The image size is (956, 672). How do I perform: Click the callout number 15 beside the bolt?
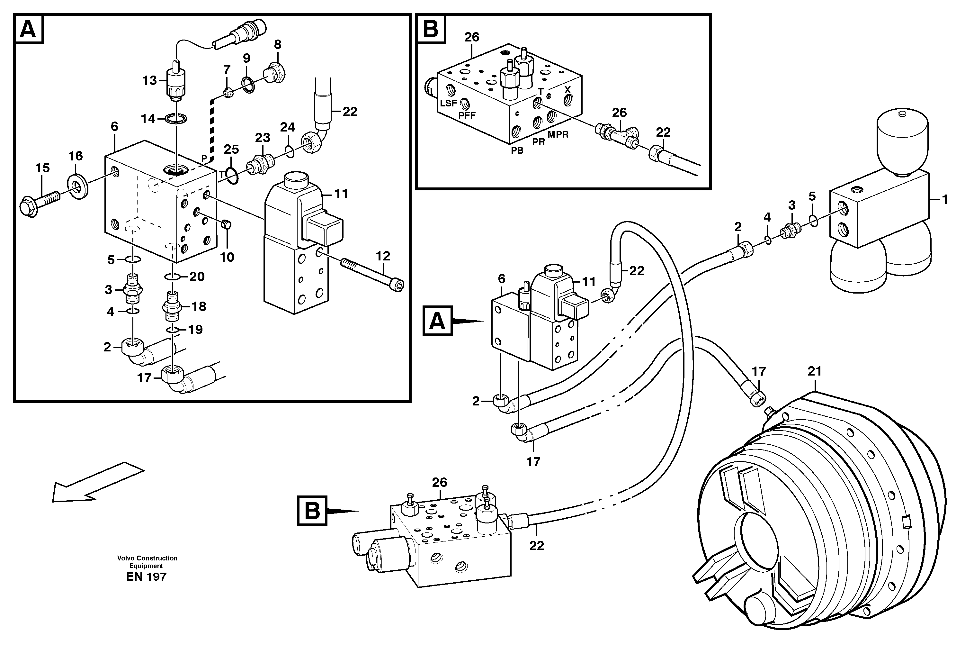42,168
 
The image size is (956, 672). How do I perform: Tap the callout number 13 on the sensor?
149,80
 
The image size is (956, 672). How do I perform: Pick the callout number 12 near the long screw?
383,256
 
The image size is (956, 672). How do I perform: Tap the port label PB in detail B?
517,151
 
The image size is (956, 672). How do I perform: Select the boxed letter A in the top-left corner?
28,29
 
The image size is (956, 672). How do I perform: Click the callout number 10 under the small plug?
227,257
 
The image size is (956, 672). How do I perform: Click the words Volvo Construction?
147,558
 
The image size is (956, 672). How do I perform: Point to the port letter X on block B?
567,90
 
